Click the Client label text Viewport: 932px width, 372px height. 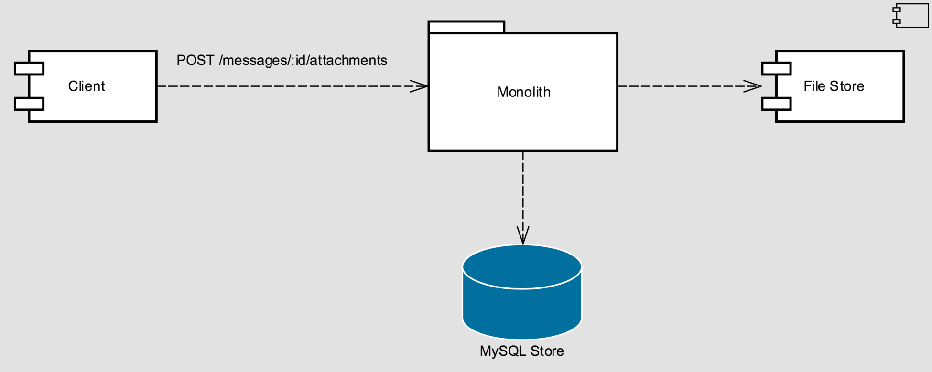click(x=87, y=86)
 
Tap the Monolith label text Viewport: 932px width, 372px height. click(x=524, y=92)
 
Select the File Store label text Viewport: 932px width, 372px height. click(x=834, y=86)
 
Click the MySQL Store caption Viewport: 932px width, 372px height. click(x=522, y=351)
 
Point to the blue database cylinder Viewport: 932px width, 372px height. click(x=522, y=292)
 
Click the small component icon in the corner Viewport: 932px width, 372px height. click(x=911, y=15)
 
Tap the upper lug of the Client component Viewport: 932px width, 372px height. click(x=29, y=68)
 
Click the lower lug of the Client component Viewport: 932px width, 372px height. click(x=29, y=104)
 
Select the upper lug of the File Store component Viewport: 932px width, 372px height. click(x=776, y=68)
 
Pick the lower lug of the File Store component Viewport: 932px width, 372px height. click(x=776, y=104)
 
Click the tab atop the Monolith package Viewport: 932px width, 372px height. click(x=466, y=27)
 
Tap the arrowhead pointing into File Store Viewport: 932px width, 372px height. click(x=753, y=86)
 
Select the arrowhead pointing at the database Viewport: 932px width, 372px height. click(x=523, y=236)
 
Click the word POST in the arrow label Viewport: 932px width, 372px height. click(x=195, y=60)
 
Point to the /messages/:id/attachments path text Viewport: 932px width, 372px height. click(x=303, y=60)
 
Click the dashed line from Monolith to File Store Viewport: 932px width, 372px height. click(x=690, y=86)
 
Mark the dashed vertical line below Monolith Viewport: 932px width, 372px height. click(x=523, y=198)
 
